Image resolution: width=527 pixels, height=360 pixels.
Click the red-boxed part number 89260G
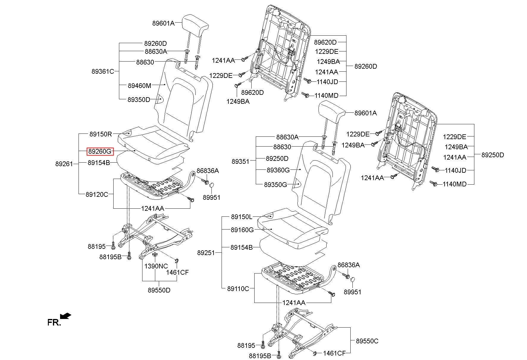[x=100, y=152]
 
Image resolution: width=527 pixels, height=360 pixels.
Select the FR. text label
[x=54, y=323]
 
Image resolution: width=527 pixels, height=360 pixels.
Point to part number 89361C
[x=103, y=71]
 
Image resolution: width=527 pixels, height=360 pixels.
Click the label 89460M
[x=139, y=86]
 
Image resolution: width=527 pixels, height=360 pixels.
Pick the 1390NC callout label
[x=156, y=266]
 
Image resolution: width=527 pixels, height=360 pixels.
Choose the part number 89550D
[x=159, y=290]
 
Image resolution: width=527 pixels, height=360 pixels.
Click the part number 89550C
[x=367, y=341]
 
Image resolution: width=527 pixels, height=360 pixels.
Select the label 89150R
[x=101, y=134]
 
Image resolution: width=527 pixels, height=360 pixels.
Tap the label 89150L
[x=241, y=217]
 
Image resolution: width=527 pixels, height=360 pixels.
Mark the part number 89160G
[x=242, y=230]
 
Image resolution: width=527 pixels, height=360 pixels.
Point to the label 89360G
[x=278, y=170]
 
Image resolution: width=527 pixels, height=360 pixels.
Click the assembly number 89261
[x=64, y=164]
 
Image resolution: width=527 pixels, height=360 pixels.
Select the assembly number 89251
[x=206, y=253]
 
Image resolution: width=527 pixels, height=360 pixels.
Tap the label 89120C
[x=97, y=194]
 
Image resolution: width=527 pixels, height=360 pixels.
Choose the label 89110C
[x=238, y=289]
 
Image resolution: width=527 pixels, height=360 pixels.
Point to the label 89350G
[x=275, y=185]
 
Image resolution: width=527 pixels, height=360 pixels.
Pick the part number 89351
[x=241, y=161]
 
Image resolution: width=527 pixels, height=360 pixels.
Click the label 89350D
[x=139, y=100]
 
